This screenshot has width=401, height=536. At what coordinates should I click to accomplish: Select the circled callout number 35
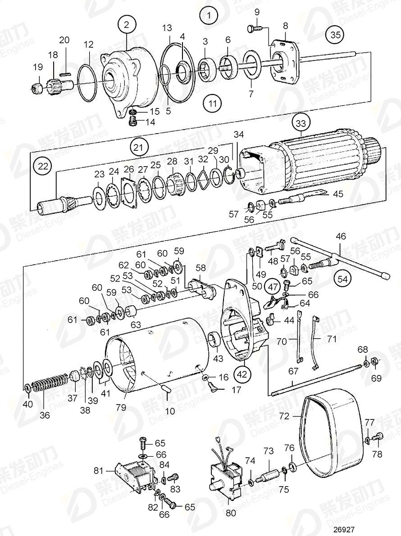334,35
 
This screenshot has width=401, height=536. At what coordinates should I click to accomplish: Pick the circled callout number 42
242,373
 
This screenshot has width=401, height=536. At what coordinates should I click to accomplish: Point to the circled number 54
343,279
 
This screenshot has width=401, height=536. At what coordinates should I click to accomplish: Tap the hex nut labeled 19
37,86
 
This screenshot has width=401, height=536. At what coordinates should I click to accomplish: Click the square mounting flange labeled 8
285,63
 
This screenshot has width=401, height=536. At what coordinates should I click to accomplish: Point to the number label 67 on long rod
293,371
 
